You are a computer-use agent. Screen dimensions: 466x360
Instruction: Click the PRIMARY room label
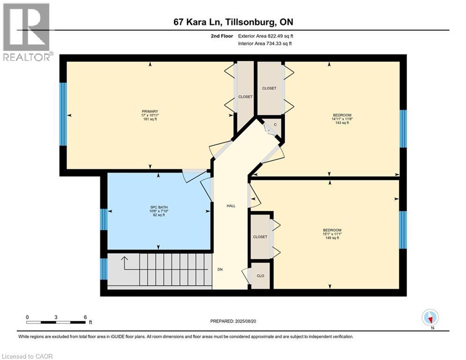tap(150, 111)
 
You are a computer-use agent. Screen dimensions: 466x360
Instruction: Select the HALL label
tap(231, 206)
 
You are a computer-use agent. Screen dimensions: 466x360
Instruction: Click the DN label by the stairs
tap(220, 270)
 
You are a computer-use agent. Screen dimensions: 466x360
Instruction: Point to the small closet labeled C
tap(275, 124)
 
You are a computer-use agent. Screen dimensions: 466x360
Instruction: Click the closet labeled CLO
tap(260, 276)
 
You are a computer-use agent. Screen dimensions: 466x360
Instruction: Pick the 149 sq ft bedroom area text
tap(332, 238)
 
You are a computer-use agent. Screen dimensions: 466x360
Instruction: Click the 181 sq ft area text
tap(150, 119)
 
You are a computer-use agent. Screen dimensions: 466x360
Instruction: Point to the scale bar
tap(56, 322)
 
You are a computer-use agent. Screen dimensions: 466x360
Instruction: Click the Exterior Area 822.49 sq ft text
tap(266, 36)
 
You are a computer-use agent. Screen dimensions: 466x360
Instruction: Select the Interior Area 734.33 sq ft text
tap(265, 44)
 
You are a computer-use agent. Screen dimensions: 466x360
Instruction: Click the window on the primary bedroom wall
tap(63, 114)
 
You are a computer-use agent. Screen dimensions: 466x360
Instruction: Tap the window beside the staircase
tap(104, 269)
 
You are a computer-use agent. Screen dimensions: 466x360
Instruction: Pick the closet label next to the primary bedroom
tap(245, 97)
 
